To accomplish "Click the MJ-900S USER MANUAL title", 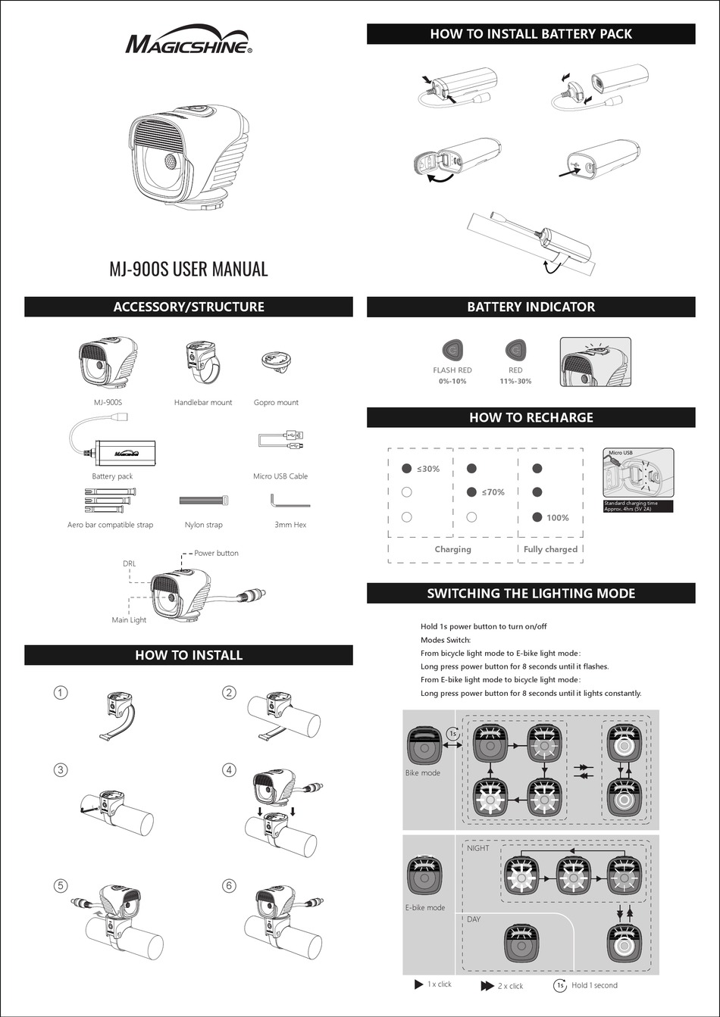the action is [x=189, y=269].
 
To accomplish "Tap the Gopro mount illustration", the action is [x=276, y=364].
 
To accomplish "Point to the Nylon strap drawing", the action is [x=204, y=501].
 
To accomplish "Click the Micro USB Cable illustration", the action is [x=280, y=440].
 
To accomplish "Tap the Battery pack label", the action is [x=112, y=476].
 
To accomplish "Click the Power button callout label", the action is [x=216, y=553].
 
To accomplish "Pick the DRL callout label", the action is [x=129, y=563].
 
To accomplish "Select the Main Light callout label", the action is [x=129, y=619].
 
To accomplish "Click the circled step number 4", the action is [x=229, y=769].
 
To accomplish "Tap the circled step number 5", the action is [x=61, y=885].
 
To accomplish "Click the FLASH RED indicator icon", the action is [x=452, y=351].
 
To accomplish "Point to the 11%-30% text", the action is [x=515, y=381].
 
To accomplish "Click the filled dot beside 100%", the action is [x=537, y=517].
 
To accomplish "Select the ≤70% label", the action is [x=493, y=492].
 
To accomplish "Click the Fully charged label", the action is [x=550, y=549].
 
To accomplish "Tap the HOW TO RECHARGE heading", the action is [x=531, y=418].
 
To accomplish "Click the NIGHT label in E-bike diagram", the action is [x=478, y=848].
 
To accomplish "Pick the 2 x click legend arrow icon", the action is [x=487, y=986].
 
